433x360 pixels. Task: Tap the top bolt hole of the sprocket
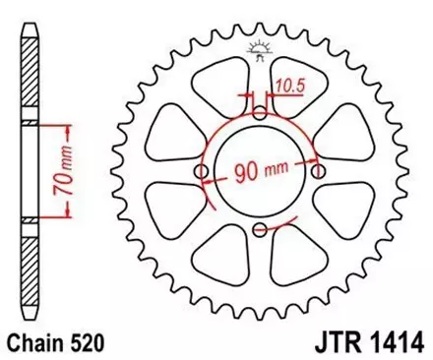point(259,114)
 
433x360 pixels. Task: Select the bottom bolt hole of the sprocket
point(259,230)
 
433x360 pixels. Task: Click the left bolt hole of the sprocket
point(202,172)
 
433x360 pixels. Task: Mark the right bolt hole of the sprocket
point(317,172)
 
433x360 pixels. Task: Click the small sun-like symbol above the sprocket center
point(260,45)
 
